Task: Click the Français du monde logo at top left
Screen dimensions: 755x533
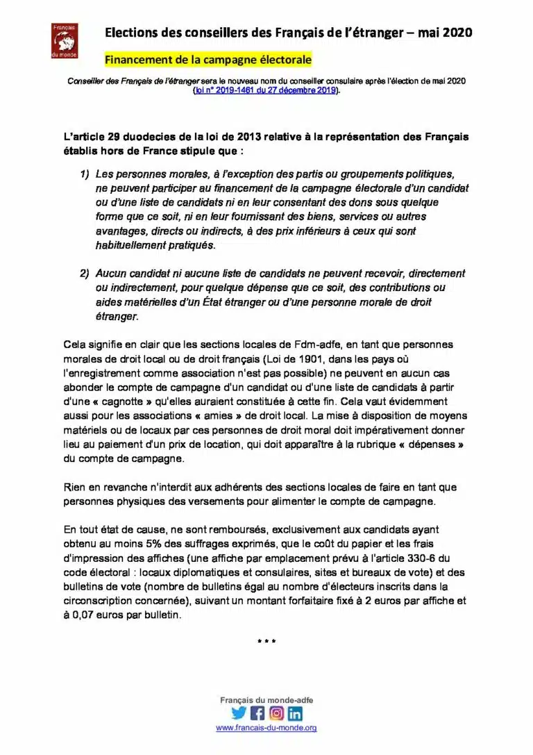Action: pyautogui.click(x=64, y=40)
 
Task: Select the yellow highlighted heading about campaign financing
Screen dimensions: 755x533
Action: pyautogui.click(x=208, y=60)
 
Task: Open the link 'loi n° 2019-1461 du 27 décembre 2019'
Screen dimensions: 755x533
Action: pyautogui.click(x=266, y=91)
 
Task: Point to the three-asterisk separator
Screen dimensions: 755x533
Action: pyautogui.click(x=266, y=641)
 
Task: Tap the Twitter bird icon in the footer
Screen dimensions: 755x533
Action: pyautogui.click(x=239, y=713)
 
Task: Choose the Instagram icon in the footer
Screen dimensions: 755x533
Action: pyautogui.click(x=276, y=713)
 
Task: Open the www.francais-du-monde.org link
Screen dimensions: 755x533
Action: pyautogui.click(x=266, y=728)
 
